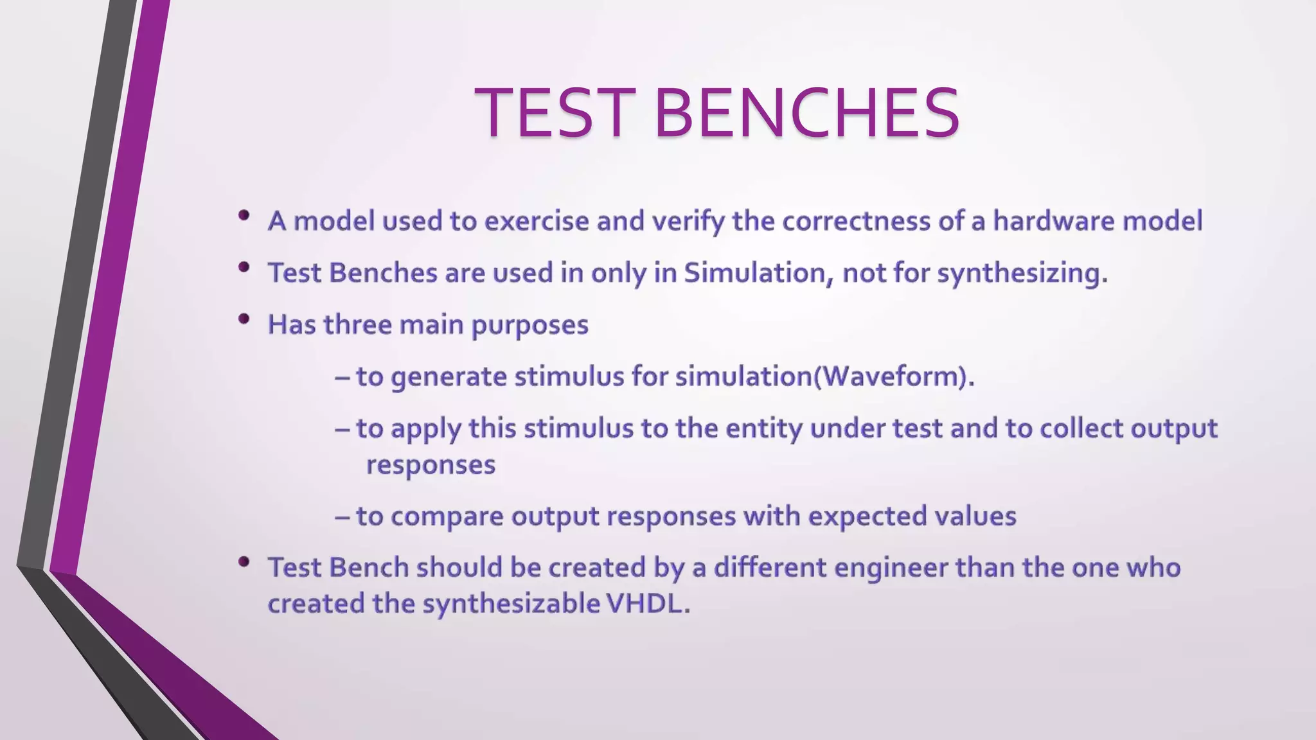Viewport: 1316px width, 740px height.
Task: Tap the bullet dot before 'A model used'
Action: tap(244, 216)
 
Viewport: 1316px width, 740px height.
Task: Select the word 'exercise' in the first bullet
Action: tap(537, 221)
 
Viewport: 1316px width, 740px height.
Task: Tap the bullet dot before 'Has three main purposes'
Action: tap(244, 319)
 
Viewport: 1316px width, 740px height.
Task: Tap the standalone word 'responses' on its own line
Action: tap(431, 465)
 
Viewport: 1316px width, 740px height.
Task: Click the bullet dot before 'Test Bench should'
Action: tap(244, 563)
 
